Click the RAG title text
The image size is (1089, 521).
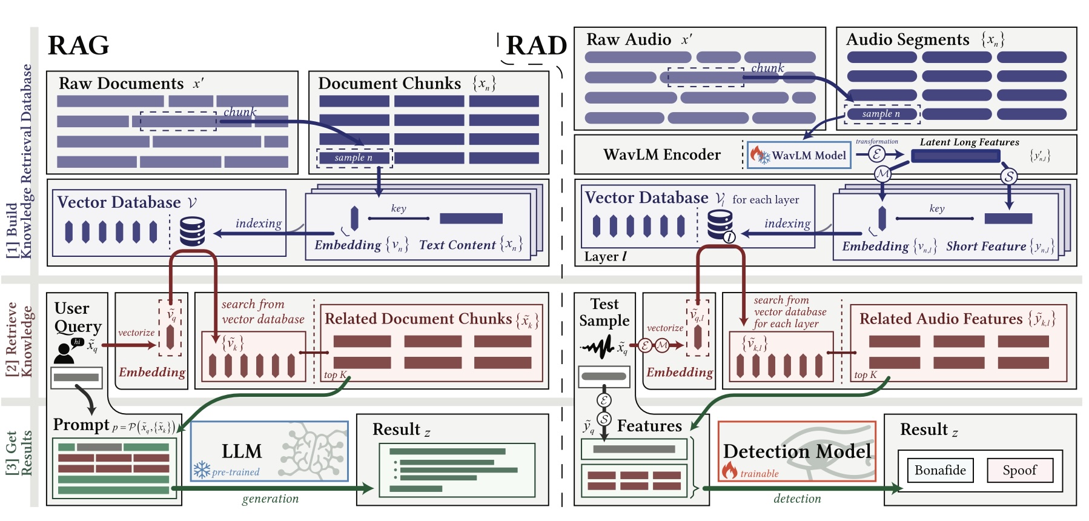point(78,45)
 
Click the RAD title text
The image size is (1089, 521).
point(535,45)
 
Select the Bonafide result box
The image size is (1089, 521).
point(939,470)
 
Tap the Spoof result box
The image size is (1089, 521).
point(1019,470)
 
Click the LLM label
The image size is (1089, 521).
point(242,451)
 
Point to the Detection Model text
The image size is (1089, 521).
point(797,451)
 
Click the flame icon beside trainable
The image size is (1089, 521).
point(729,470)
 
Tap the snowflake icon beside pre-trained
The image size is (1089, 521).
point(201,470)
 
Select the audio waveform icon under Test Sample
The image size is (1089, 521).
point(598,347)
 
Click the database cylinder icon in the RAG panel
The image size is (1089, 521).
point(193,231)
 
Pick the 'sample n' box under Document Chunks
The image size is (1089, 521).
point(354,158)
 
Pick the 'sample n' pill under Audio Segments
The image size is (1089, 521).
point(881,114)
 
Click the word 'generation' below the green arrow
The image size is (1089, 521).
point(270,499)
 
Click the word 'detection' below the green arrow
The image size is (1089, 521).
point(797,499)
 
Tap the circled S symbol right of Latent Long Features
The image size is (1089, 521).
point(1008,176)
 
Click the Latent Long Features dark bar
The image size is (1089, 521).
point(955,156)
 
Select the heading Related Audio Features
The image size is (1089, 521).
point(941,319)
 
